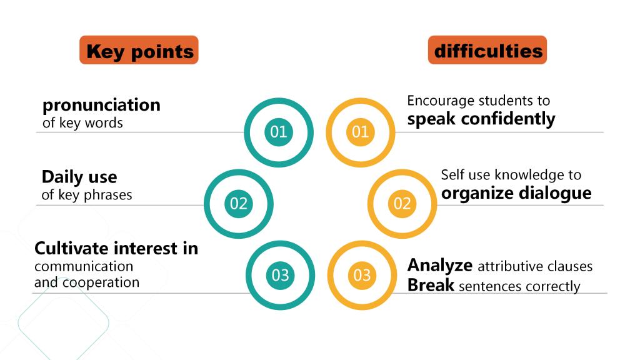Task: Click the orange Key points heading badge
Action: tap(139, 50)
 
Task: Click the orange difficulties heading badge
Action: tap(487, 50)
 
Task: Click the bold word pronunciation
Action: tap(101, 106)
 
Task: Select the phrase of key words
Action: tap(82, 123)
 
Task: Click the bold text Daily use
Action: tap(79, 177)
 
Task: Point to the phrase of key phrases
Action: tap(86, 195)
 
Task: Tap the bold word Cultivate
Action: tap(71, 248)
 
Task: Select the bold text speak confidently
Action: tap(481, 119)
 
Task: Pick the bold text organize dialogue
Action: tap(516, 194)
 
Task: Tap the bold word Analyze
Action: tap(440, 266)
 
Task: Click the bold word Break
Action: tap(431, 285)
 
